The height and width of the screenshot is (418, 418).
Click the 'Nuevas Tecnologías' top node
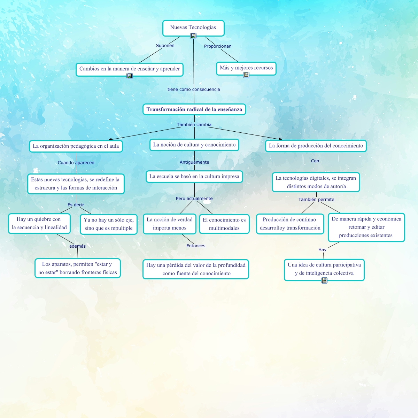(193, 28)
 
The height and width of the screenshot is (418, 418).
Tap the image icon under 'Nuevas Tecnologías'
(193, 36)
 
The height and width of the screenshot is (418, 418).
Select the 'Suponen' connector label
(165, 46)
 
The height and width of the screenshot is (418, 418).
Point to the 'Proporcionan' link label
(218, 46)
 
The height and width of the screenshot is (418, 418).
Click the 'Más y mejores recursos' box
(246, 68)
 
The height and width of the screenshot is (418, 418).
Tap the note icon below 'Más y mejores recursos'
(246, 75)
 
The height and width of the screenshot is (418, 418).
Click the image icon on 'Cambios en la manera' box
(130, 76)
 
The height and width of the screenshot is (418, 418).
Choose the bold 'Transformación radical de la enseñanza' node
(194, 109)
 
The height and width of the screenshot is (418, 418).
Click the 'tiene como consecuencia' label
(194, 90)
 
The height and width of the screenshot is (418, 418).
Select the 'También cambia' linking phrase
(194, 125)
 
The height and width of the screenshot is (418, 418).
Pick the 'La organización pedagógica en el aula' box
(76, 146)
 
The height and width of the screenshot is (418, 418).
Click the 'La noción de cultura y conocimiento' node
(194, 145)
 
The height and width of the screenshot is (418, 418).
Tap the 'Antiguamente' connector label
(194, 162)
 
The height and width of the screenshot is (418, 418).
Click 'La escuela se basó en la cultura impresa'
(194, 177)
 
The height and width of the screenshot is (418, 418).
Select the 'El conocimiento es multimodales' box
(224, 224)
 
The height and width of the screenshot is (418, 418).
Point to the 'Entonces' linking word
(196, 246)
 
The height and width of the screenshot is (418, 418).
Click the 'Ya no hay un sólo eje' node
(108, 224)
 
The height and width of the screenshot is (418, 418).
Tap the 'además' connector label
(77, 246)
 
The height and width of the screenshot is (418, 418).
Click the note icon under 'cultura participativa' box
(324, 280)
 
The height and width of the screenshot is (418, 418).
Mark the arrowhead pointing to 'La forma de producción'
(280, 139)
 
